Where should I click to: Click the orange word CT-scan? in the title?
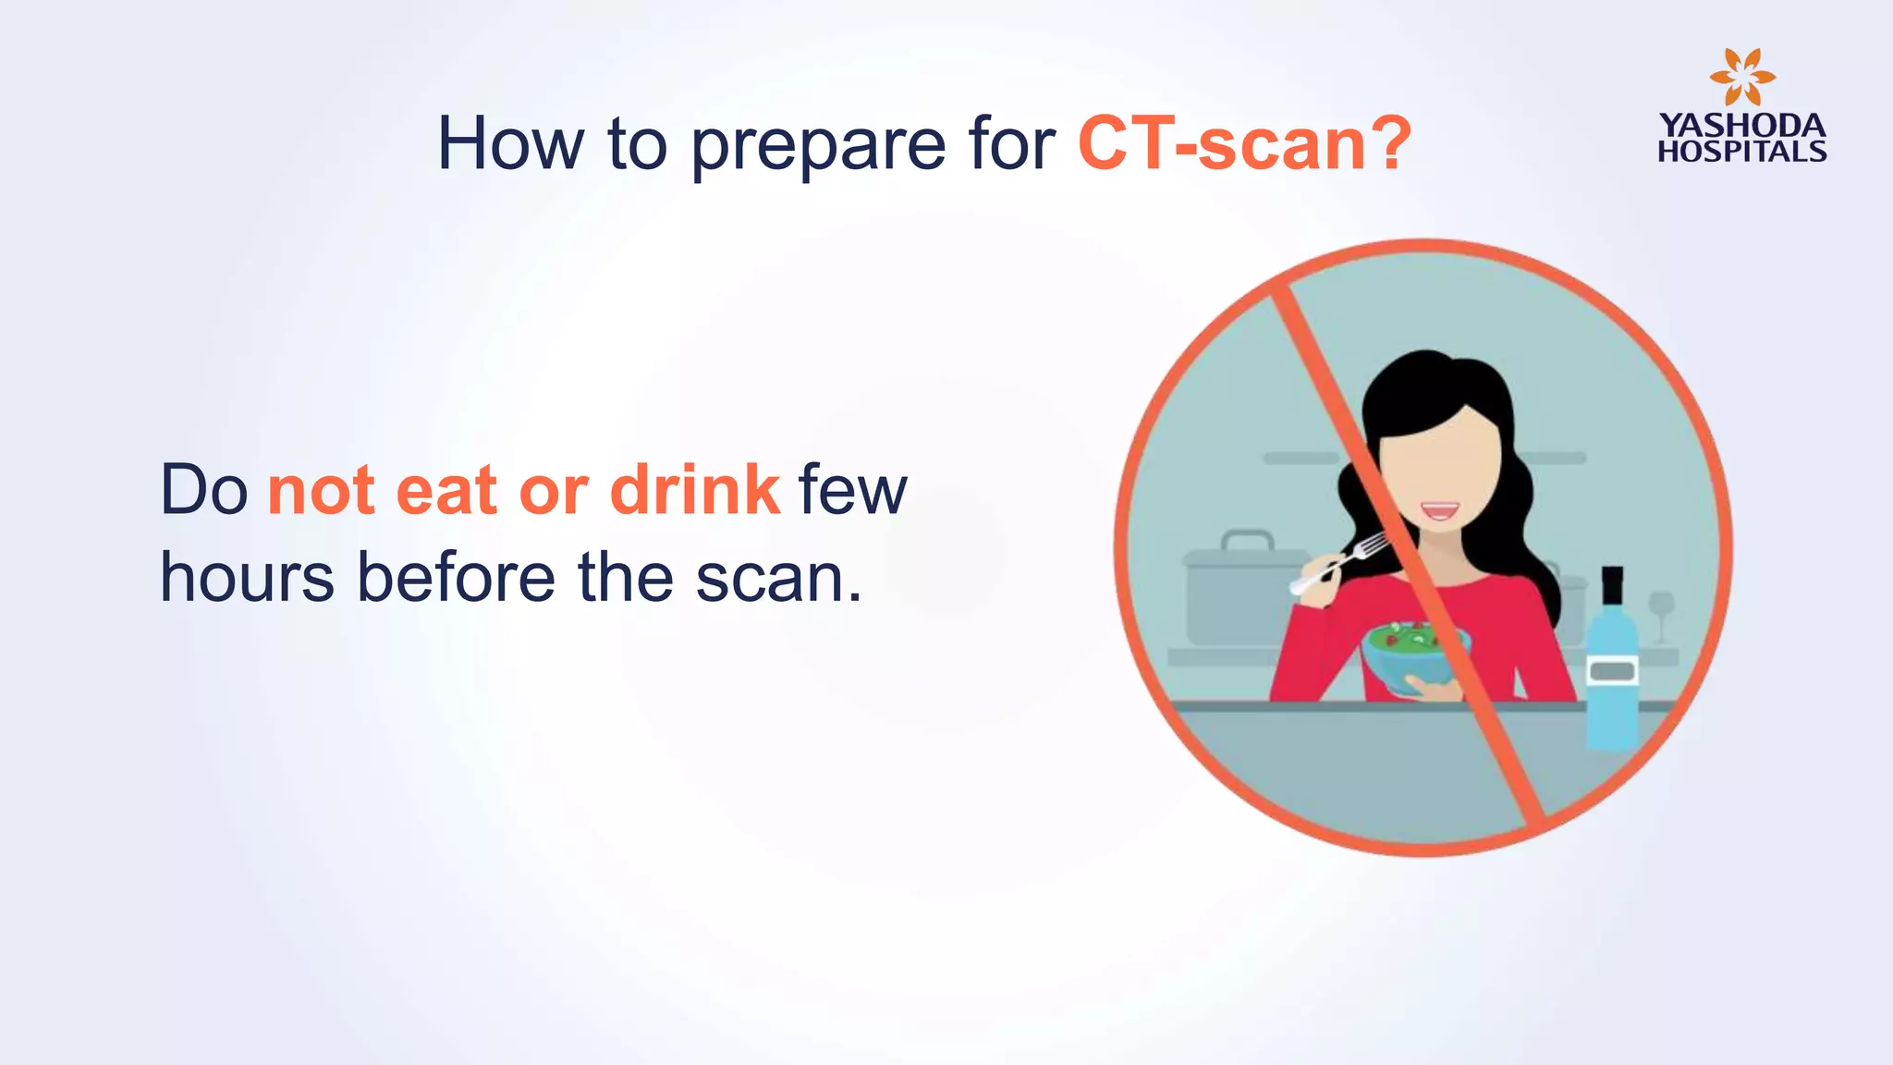point(1244,144)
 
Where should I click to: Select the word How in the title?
point(510,144)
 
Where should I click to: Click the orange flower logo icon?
point(1741,78)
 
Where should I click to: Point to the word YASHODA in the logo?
point(1741,126)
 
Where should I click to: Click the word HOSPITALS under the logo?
point(1741,152)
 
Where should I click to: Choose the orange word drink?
point(695,490)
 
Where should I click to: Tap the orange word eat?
point(446,492)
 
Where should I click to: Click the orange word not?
point(321,492)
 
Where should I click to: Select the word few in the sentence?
point(852,490)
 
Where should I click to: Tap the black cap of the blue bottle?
point(1612,584)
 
